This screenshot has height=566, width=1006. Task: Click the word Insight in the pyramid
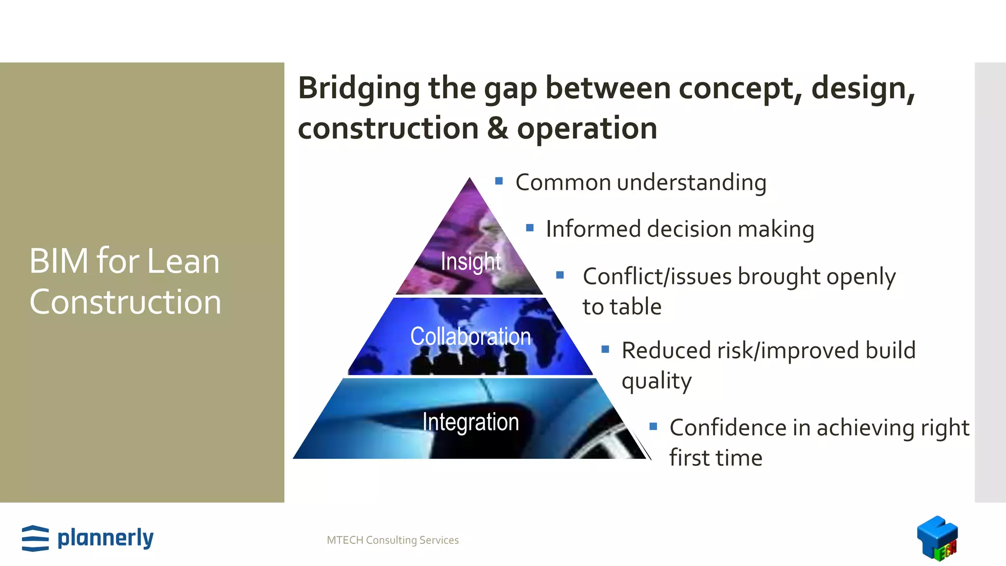(471, 261)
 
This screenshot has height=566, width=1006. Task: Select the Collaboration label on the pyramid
(471, 337)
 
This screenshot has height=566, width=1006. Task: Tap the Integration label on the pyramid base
(471, 422)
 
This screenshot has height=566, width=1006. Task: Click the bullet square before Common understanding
(499, 181)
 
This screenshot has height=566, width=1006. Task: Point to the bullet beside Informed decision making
(530, 228)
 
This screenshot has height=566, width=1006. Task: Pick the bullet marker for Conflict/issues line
(560, 275)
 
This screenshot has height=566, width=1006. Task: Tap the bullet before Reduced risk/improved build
(605, 349)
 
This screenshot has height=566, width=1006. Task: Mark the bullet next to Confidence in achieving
(653, 426)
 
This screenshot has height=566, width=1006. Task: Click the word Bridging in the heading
(359, 88)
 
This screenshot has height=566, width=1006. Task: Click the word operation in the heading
(587, 129)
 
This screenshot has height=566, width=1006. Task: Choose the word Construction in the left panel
(125, 302)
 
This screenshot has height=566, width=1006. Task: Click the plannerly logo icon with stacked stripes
(35, 538)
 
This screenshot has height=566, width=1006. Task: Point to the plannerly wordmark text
(106, 538)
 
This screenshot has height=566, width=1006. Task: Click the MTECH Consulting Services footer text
(392, 540)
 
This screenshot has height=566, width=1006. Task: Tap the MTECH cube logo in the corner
(937, 538)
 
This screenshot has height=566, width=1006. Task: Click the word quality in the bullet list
(656, 381)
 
